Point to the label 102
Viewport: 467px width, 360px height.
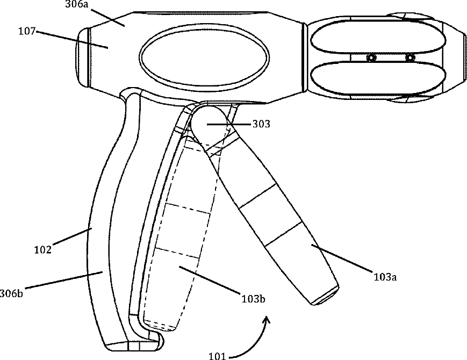coord(43,250)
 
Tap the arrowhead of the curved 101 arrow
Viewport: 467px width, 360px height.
coord(266,320)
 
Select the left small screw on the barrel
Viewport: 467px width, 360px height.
coord(370,58)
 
